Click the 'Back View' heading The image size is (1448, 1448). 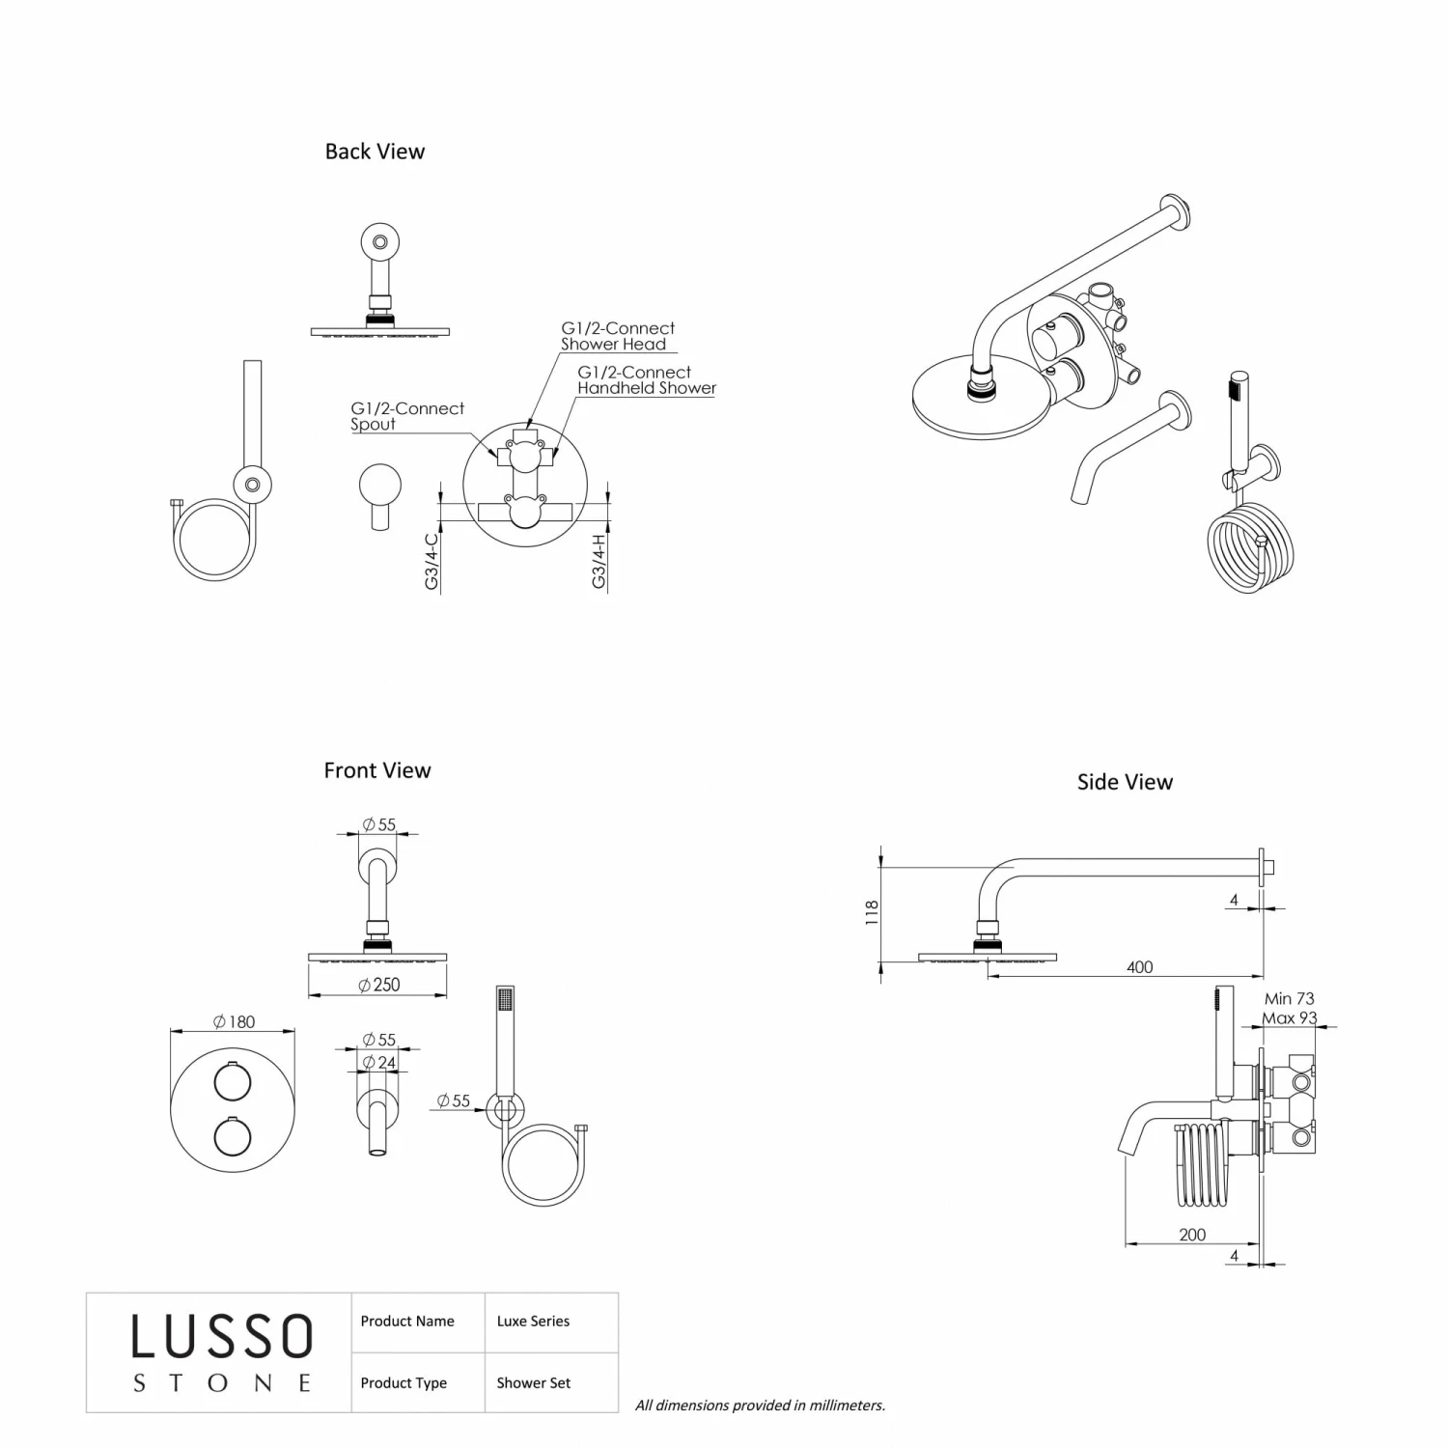(375, 152)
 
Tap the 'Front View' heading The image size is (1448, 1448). (377, 770)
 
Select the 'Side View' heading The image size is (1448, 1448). (1125, 782)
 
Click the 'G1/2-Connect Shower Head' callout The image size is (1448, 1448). (618, 336)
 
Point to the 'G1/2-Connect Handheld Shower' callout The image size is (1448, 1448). (646, 380)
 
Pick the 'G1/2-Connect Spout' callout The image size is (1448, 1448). (406, 416)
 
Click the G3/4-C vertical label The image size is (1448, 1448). (432, 561)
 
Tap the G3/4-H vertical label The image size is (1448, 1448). (599, 561)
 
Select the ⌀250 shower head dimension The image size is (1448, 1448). (378, 985)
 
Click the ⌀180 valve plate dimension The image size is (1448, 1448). (234, 1021)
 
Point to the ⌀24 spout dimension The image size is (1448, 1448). (378, 1062)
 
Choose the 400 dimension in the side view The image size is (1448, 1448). (1139, 967)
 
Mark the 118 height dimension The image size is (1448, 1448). (872, 912)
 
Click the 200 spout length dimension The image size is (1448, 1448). (1192, 1235)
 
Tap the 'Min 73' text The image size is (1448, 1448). (1289, 999)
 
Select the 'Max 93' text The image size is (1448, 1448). (1289, 1018)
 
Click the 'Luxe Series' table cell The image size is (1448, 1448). (533, 1322)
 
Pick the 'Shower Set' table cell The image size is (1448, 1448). (533, 1383)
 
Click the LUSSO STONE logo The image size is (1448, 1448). (221, 1352)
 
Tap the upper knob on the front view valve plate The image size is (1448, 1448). (233, 1082)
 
